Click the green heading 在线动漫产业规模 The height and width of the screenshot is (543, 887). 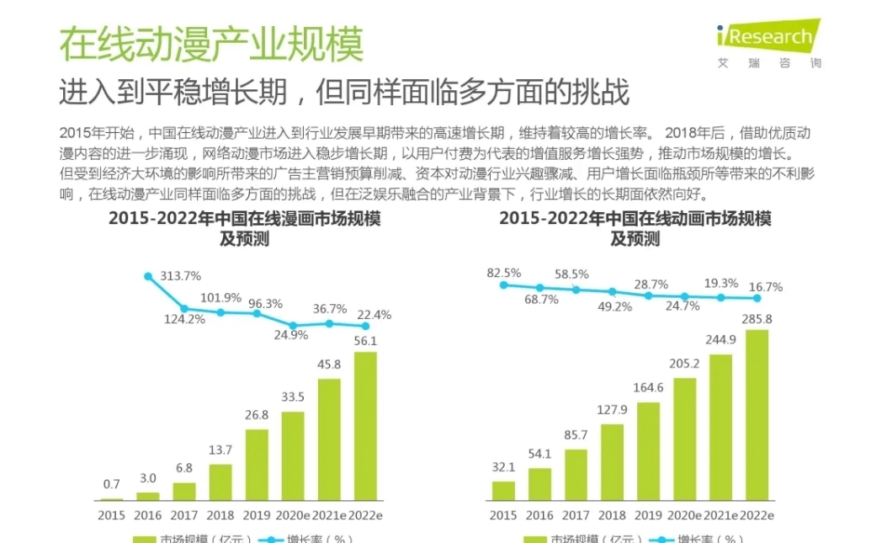pos(210,44)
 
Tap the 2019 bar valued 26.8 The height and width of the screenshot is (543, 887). pos(257,465)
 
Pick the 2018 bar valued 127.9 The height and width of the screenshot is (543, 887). pos(612,461)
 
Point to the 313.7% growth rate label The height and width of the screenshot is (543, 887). pos(180,275)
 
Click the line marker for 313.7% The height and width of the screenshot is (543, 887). pos(148,276)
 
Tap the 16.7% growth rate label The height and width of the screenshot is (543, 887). pos(765,286)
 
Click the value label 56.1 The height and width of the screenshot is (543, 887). pos(364,340)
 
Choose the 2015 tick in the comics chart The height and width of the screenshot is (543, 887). pos(111,515)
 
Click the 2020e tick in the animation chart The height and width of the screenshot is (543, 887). pos(684,515)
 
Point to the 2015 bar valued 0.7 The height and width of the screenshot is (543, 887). pos(112,499)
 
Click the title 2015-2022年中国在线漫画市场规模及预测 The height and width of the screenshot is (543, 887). pos(244,228)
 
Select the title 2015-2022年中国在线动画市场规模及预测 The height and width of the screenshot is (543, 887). pos(635,228)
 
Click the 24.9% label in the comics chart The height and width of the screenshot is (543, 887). pos(292,334)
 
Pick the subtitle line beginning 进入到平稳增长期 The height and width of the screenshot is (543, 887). pos(343,92)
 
